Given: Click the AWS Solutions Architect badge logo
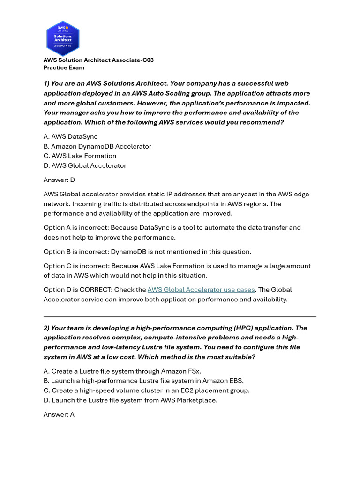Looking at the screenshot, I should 63,38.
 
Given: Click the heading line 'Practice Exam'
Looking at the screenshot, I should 64,67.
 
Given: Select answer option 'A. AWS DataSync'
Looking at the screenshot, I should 71,136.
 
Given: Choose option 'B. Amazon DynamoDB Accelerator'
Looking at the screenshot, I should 97,146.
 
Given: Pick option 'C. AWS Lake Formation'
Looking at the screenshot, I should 80,156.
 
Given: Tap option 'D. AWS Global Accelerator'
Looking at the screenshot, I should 85,165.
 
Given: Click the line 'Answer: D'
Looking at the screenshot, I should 59,180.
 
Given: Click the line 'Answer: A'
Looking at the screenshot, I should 59,414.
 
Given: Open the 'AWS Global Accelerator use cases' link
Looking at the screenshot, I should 201,290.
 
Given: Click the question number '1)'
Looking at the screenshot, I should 47,83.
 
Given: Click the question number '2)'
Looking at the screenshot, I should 47,328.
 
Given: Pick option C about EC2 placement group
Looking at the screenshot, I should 147,390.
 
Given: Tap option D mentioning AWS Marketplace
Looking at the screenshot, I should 130,400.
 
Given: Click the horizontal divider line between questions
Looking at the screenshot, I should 180,316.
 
